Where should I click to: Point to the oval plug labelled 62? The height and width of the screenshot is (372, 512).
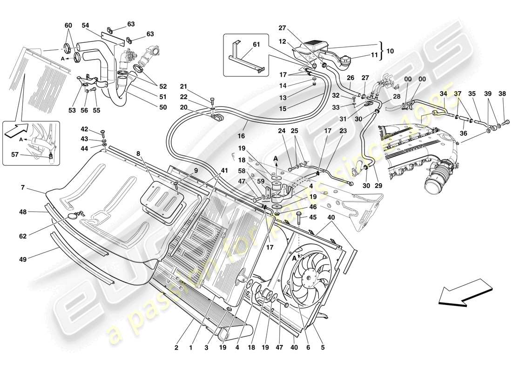point(74,216)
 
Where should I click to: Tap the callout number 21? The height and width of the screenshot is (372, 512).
point(183,86)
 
